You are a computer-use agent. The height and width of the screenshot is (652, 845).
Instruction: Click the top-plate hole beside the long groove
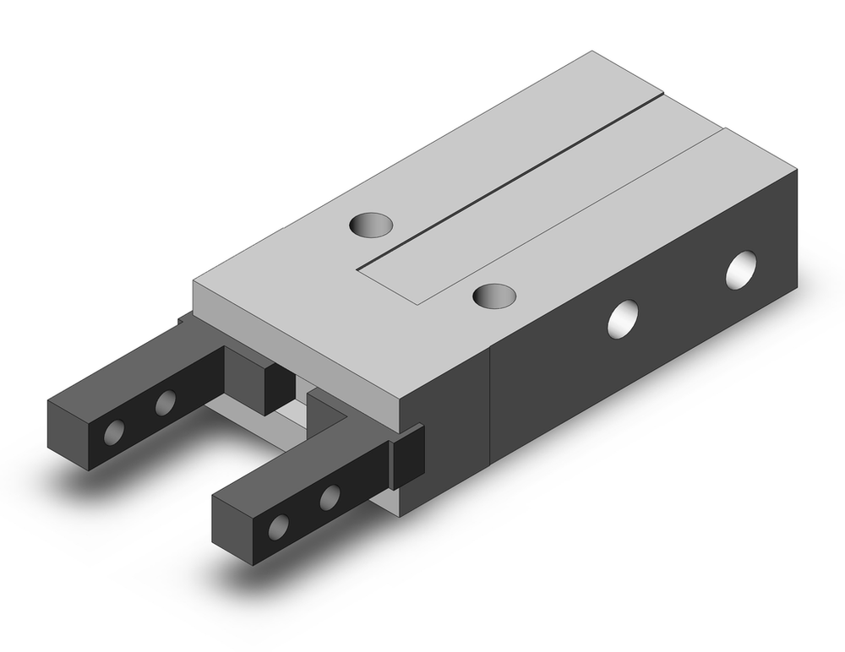371,225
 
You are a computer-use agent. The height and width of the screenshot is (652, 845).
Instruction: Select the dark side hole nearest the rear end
741,269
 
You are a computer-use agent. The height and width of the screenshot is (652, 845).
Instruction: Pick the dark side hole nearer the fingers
624,319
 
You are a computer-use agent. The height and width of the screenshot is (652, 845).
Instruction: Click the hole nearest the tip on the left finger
112,432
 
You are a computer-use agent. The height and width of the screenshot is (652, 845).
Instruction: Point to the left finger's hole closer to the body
165,404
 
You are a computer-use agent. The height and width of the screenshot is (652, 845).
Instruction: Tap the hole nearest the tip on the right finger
276,526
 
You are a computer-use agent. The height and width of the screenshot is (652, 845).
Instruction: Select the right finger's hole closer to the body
329,497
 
